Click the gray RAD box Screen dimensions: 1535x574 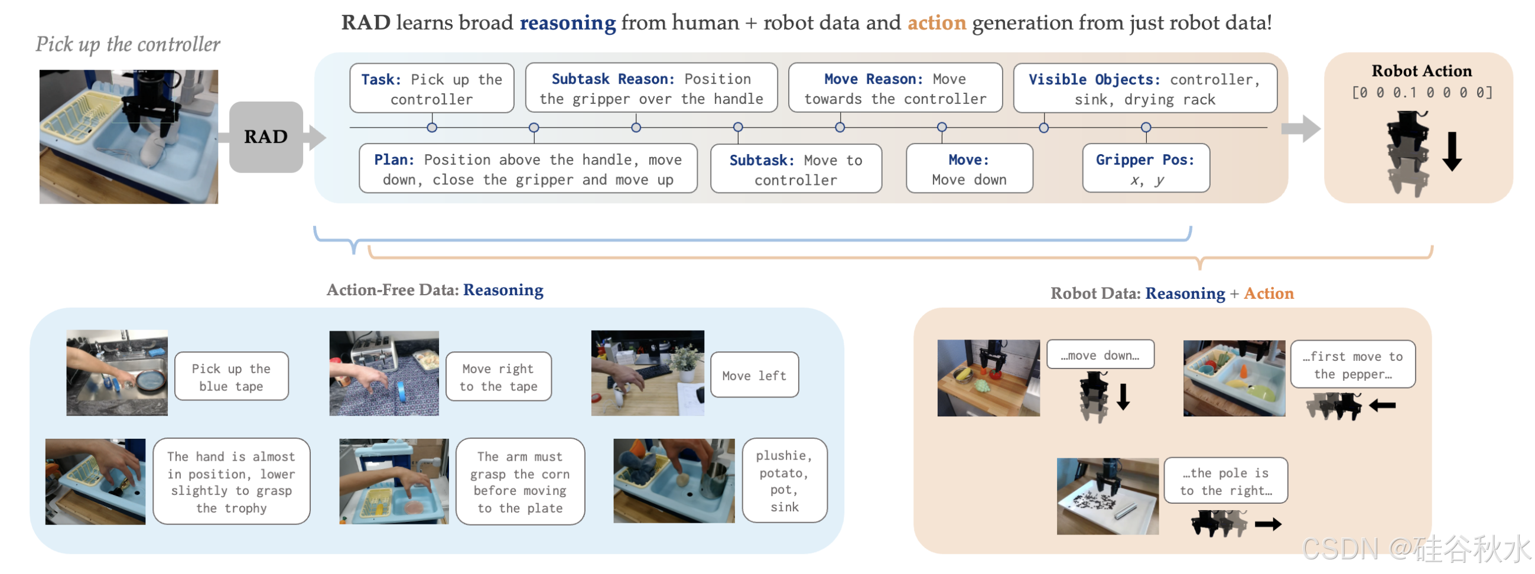(266, 137)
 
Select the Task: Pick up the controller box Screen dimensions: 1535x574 (431, 89)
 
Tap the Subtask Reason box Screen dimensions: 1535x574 (651, 89)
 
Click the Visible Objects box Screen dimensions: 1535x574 (1144, 89)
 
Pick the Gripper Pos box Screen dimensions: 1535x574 (1145, 168)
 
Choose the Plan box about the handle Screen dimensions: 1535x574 (528, 169)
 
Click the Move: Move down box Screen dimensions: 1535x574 (969, 169)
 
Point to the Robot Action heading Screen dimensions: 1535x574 (1421, 71)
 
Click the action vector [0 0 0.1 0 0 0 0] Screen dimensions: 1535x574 (1421, 92)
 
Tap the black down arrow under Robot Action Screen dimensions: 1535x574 (1452, 151)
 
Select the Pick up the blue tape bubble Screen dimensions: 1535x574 (231, 377)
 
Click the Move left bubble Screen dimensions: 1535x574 (754, 376)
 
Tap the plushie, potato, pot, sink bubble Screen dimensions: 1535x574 (784, 481)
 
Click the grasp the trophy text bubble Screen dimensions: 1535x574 (231, 482)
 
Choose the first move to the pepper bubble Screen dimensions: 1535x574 (1352, 365)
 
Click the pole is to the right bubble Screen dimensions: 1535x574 (1225, 481)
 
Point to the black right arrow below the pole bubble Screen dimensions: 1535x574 (1267, 524)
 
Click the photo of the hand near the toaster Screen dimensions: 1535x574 (384, 373)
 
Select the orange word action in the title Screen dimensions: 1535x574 (936, 22)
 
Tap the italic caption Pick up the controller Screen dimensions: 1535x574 (128, 44)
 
